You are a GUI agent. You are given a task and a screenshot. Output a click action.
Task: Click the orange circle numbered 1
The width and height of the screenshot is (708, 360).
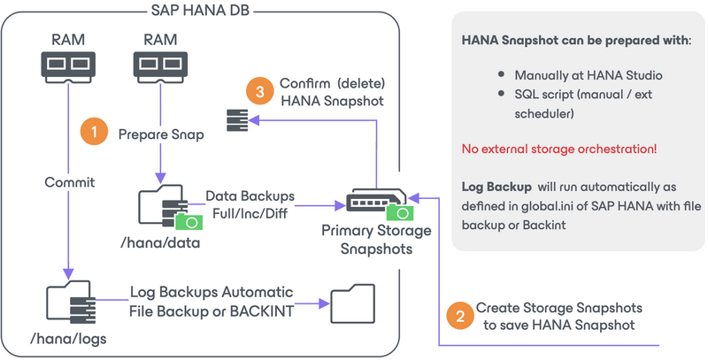pos(93,132)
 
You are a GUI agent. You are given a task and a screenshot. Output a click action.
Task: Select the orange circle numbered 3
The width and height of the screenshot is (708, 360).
pos(258,91)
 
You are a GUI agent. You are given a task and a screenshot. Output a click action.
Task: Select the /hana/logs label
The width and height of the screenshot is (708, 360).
pos(67,340)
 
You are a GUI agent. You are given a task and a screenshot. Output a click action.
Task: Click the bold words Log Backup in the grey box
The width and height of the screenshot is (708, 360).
pos(495,188)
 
